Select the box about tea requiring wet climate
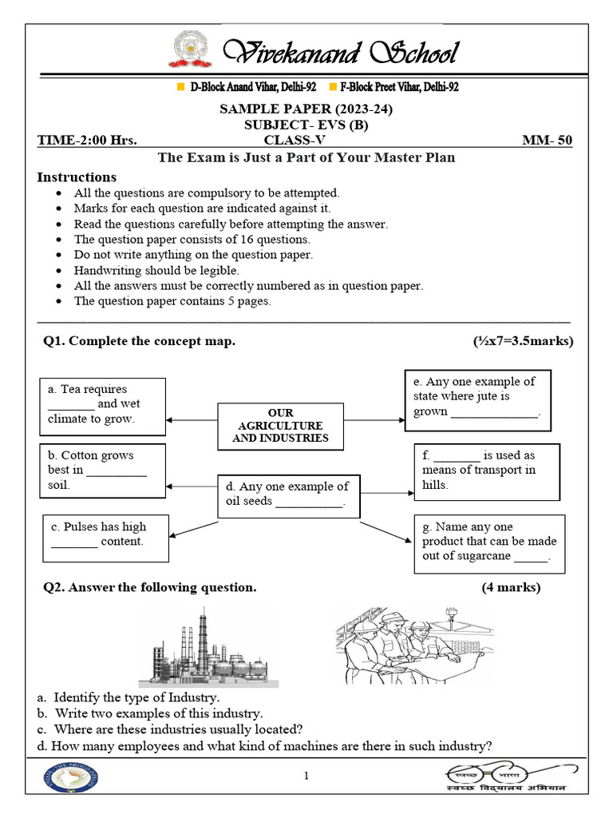[102, 404]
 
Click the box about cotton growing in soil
[102, 470]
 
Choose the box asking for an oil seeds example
[285, 494]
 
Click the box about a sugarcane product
[489, 542]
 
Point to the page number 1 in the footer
[306, 776]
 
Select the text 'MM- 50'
[547, 140]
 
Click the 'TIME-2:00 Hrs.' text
[87, 140]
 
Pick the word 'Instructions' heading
[77, 177]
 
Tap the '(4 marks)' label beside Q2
[511, 588]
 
